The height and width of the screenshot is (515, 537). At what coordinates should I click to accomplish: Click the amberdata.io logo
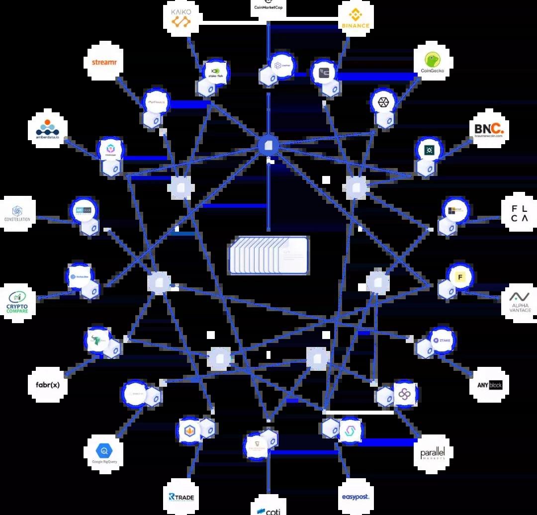point(48,129)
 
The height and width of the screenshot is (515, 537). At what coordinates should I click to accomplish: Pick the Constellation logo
point(17,214)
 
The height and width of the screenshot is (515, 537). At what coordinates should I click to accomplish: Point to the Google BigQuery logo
point(104,452)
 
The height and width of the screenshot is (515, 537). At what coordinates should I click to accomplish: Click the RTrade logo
point(181,496)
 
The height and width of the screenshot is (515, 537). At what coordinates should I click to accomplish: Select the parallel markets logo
point(432,452)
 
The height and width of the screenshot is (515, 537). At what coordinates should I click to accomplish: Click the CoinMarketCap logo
point(268,6)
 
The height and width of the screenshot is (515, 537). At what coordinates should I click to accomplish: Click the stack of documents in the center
point(268,256)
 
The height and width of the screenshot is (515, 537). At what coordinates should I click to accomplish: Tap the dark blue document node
point(268,145)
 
